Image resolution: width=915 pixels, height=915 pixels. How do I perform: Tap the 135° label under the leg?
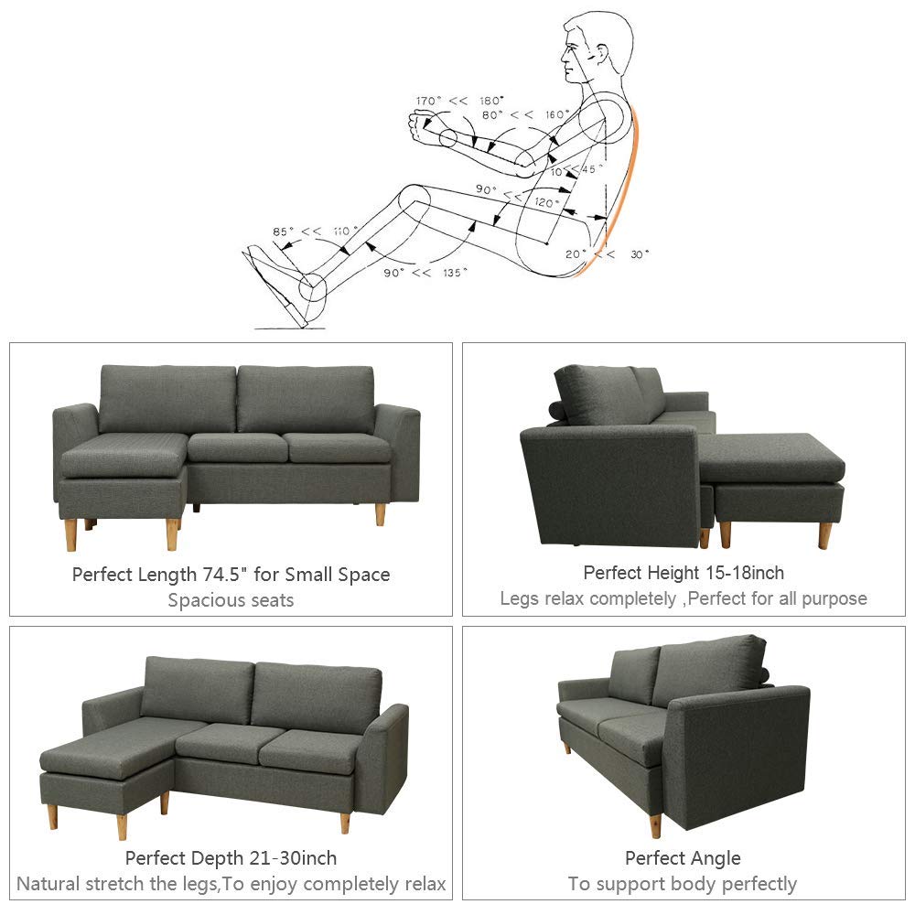[455, 273]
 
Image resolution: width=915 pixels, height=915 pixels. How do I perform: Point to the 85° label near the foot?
[283, 231]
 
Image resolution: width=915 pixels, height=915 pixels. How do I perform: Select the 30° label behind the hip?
[640, 254]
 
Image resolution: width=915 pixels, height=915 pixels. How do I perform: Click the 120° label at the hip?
[547, 202]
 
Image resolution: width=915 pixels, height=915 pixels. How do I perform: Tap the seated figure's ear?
[600, 54]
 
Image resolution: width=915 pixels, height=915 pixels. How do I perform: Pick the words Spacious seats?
[231, 600]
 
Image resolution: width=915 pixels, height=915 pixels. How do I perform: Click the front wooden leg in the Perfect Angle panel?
[656, 825]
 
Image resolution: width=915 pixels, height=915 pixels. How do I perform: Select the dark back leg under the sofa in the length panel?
[197, 508]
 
